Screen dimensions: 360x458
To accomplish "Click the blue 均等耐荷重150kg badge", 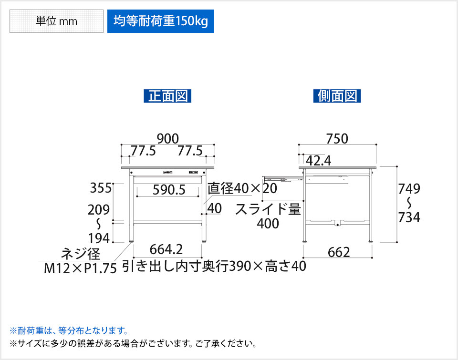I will pos(160,22).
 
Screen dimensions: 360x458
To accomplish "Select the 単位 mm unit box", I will pos(56,22).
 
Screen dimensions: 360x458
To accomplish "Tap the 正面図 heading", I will pos(167,96).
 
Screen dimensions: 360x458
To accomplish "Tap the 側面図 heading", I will pos(337,96).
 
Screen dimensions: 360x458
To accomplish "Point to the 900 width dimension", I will pos(167,138).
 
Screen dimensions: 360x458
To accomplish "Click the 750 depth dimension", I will pos(337,138).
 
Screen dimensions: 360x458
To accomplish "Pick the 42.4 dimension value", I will pos(318,161).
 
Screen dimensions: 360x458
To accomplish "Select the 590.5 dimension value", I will pos(167,190).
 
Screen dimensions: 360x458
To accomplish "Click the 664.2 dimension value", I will pos(167,249).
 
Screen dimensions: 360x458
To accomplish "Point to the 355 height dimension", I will pos(101,188).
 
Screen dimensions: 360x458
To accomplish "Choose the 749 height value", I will pos(409,189).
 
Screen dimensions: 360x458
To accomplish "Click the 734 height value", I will pos(409,217).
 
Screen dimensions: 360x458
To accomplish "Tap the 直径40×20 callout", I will pos(242,189).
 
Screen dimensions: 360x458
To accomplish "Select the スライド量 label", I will pos(268,209).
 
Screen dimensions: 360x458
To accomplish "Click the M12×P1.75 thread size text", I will pos(80,268).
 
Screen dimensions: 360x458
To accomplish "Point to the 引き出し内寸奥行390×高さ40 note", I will pos(214,266).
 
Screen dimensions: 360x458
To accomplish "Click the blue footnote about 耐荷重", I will pos(69,330).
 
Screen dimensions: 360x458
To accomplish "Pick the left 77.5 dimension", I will pos(144,151).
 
